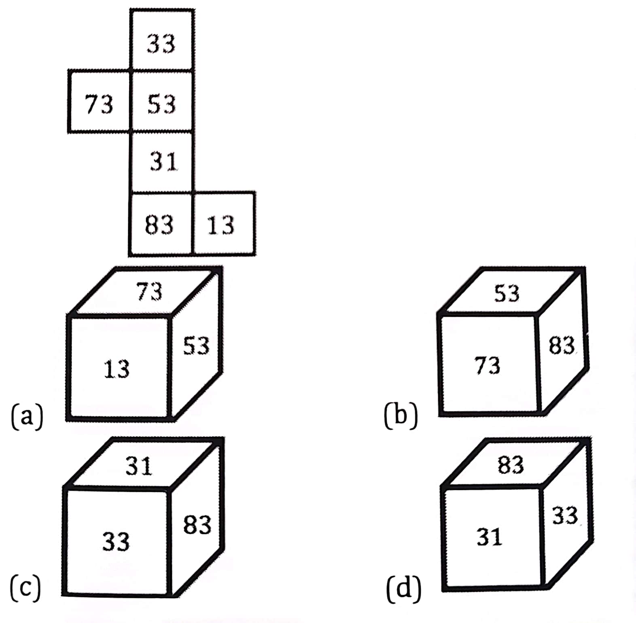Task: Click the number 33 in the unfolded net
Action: (161, 43)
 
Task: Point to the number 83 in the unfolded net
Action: (159, 225)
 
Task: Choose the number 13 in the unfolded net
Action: (220, 225)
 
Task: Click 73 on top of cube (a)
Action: (149, 291)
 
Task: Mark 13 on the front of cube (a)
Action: (117, 369)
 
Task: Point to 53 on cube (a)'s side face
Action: (196, 346)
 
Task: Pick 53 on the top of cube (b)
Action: (507, 293)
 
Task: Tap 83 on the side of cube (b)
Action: (562, 345)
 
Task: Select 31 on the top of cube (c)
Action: (139, 466)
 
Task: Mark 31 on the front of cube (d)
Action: (490, 537)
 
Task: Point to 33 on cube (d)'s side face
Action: (565, 516)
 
